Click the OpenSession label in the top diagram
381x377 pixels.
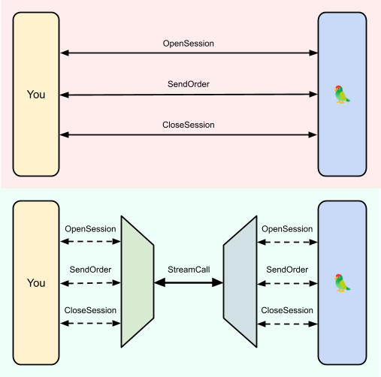(x=189, y=44)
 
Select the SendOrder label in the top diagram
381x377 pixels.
(x=189, y=84)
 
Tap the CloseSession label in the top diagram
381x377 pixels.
(x=189, y=125)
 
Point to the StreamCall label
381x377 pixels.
(x=189, y=270)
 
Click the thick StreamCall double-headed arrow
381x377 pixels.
(x=189, y=282)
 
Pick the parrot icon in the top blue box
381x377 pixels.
(x=342, y=95)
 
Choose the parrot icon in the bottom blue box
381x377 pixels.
(x=342, y=283)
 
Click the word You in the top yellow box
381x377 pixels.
(x=36, y=95)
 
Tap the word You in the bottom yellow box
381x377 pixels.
(x=36, y=283)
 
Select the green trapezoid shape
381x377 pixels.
(x=138, y=282)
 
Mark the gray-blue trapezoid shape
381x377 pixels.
(x=240, y=282)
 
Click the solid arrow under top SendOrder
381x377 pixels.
(x=189, y=95)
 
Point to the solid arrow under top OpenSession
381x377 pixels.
(x=189, y=53)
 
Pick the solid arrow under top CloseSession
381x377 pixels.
(x=189, y=135)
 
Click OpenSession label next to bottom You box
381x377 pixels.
(x=90, y=229)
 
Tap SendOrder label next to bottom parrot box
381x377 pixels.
(x=287, y=270)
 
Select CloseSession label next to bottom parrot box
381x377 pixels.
(x=287, y=310)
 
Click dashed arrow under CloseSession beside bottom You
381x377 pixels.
(x=90, y=323)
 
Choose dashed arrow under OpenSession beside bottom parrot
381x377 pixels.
(x=287, y=242)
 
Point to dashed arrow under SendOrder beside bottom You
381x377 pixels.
(x=90, y=283)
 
